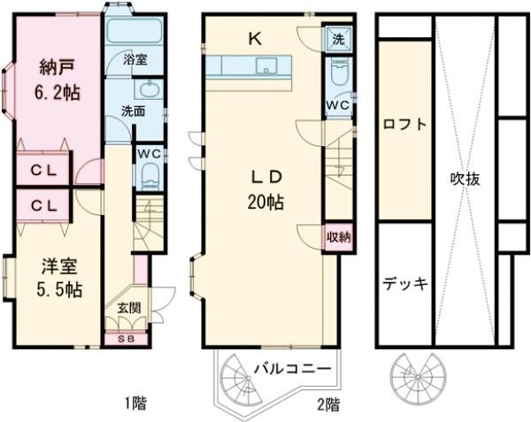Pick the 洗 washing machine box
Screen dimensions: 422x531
[x=338, y=38]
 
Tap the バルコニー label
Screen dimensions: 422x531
[x=293, y=367]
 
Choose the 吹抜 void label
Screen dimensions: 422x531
[x=465, y=178]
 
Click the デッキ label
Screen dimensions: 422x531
[x=405, y=283]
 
